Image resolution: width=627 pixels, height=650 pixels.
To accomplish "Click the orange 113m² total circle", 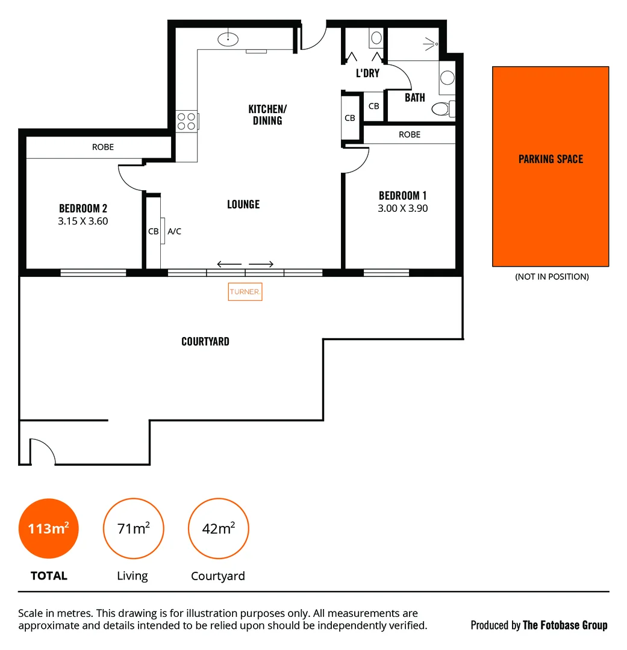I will (x=49, y=529).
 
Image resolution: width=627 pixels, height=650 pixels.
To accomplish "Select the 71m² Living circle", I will (x=133, y=529).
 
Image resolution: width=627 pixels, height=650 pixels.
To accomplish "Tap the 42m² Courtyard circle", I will (x=218, y=529).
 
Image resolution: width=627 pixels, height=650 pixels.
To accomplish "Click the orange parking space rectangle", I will (x=551, y=167).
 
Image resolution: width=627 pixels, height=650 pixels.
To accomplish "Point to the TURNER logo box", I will (x=245, y=292).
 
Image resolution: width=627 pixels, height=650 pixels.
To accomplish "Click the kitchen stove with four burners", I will (x=186, y=122).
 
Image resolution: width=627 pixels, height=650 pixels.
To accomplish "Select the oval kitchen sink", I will (x=228, y=40).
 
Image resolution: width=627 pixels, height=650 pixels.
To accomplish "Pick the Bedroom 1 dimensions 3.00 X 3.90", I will (x=403, y=209).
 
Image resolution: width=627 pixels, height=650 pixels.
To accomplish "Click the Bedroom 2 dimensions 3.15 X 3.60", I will (x=83, y=221).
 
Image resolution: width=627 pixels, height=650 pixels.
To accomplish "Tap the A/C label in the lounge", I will (x=174, y=231).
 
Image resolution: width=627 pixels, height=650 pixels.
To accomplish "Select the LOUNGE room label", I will (x=243, y=205).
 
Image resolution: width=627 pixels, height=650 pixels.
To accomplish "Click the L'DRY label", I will (x=367, y=73).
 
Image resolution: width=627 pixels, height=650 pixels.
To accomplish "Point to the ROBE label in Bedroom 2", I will (x=103, y=147).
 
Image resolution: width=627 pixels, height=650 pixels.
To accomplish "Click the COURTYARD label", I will (x=205, y=341).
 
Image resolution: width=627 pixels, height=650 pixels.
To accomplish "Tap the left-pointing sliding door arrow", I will (x=229, y=264).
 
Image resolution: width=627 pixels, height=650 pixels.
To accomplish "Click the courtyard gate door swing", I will (x=41, y=453).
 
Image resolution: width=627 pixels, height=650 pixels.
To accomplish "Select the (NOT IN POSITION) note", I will (x=551, y=277).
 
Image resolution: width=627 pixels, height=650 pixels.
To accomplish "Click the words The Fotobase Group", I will (x=565, y=625).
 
